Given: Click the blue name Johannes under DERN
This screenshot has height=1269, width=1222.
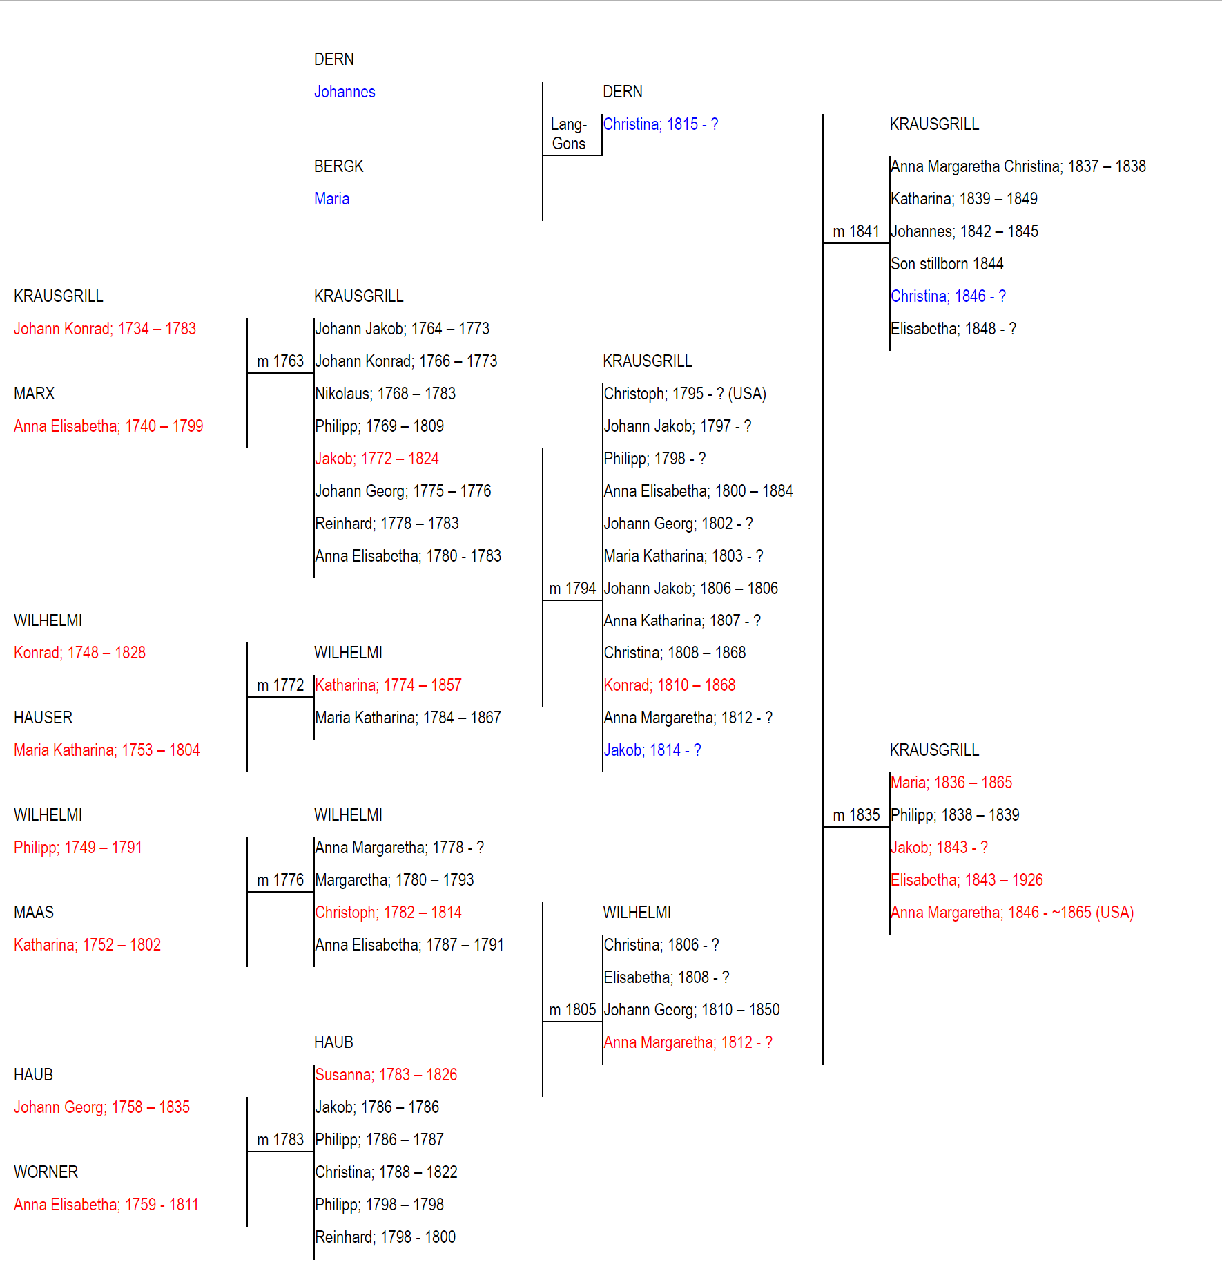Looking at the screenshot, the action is (x=345, y=92).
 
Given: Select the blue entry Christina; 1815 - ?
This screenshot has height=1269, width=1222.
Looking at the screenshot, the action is (x=661, y=124).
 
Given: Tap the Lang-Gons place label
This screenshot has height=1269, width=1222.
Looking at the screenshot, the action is (x=569, y=134).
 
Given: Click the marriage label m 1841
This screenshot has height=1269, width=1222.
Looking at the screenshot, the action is (x=856, y=231).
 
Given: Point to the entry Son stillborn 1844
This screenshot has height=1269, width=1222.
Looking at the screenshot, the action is (x=947, y=264).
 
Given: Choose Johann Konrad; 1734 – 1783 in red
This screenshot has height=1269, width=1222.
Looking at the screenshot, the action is (x=105, y=329).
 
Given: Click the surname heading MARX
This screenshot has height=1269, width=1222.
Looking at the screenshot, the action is (x=35, y=394).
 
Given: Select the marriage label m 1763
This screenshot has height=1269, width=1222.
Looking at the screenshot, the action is (x=280, y=361).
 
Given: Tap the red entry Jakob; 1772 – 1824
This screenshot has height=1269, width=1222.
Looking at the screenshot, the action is (x=377, y=459).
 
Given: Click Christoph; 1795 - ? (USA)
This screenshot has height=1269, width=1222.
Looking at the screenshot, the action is (x=685, y=394).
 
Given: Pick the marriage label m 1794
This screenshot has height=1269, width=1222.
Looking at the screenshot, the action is (x=572, y=589).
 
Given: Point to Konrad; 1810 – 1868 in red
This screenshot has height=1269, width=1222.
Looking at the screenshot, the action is (x=670, y=685).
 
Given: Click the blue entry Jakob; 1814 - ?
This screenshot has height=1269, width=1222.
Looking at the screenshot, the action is (x=652, y=750).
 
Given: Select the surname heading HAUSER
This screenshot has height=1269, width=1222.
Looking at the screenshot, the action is (x=43, y=718).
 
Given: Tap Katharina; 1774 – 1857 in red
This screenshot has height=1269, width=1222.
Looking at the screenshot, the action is (x=388, y=685).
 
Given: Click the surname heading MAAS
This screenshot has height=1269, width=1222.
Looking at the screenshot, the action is (x=34, y=913).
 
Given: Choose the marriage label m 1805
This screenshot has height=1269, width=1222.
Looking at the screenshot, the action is (x=572, y=1010).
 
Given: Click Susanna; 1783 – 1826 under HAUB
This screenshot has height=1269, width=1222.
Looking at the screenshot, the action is (x=386, y=1075).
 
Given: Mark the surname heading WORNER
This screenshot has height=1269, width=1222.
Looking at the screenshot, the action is (x=46, y=1172).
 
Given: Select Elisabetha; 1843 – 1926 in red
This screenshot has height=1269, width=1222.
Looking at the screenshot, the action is (x=967, y=880).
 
